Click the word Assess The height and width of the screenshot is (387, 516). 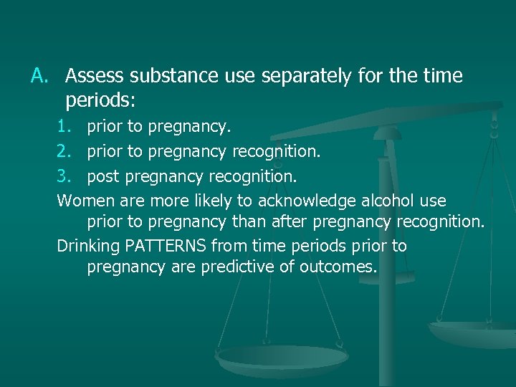click(93, 75)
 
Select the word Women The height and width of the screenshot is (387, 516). click(82, 199)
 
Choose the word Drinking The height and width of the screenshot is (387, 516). click(88, 247)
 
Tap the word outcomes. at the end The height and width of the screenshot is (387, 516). click(342, 269)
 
